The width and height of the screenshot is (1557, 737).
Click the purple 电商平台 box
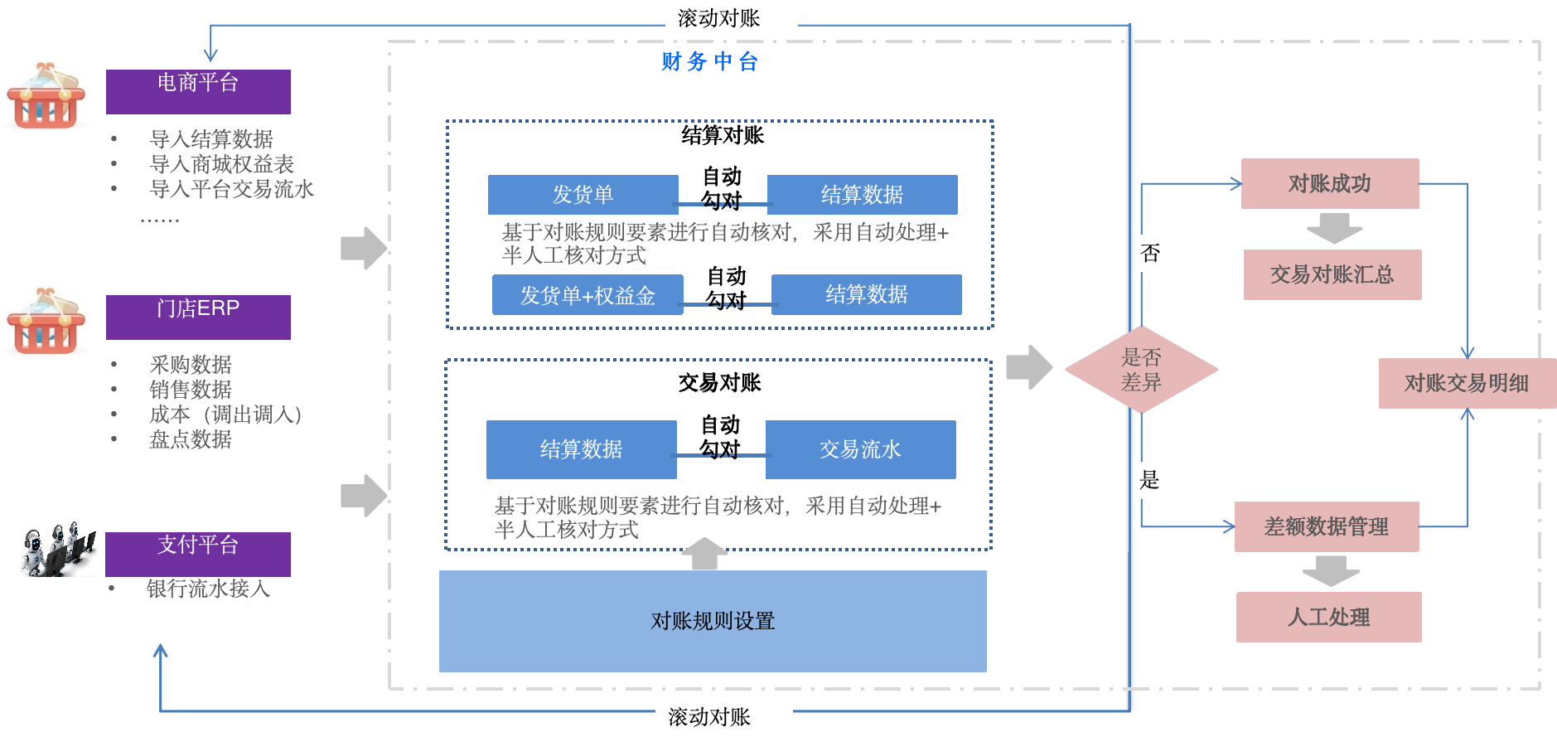pos(198,91)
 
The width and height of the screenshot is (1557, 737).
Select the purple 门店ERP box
pos(198,317)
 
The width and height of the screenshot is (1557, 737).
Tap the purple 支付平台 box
pos(198,554)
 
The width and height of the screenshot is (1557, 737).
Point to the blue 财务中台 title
pos(710,61)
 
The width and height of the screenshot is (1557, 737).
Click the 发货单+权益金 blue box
pos(588,295)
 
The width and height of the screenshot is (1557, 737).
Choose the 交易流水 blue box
pos(860,449)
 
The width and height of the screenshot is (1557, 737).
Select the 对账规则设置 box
pos(713,621)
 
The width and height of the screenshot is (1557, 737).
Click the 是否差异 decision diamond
pos(1141,370)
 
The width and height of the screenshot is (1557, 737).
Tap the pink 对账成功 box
pos(1330,183)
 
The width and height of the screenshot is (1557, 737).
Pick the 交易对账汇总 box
pos(1332,274)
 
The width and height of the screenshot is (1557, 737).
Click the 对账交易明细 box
pos(1467,383)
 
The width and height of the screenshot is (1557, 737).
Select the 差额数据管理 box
pos(1327,526)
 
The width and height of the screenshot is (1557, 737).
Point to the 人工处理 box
pos(1329,617)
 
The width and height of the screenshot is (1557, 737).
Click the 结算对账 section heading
pos(723,135)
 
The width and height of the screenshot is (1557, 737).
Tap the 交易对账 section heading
pos(719,382)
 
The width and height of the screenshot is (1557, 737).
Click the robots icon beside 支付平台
pos(60,549)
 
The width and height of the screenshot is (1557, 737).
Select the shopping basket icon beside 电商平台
pos(46,97)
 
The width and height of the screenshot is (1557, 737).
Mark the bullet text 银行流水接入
pos(208,589)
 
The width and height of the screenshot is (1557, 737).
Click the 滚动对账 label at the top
pos(719,18)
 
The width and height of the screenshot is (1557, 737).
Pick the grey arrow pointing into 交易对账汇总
pos(1334,228)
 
